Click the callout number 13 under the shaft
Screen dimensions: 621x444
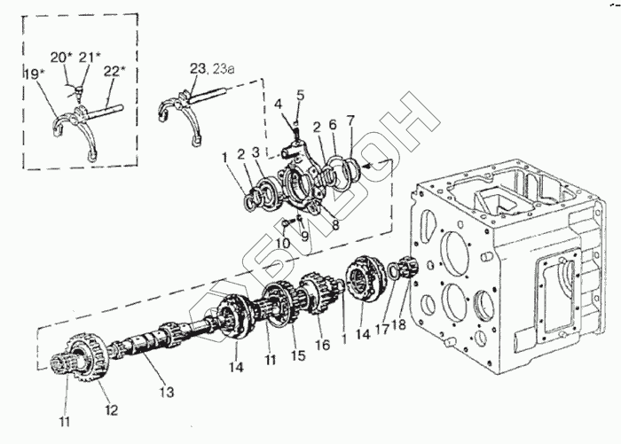click(x=167, y=393)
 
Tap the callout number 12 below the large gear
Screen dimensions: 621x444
click(x=112, y=410)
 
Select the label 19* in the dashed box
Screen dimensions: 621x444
click(x=33, y=74)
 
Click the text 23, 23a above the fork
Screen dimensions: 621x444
click(x=212, y=69)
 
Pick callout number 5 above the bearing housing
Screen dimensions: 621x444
click(x=301, y=95)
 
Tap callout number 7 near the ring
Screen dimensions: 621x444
click(x=350, y=121)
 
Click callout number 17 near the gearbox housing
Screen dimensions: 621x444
click(x=382, y=330)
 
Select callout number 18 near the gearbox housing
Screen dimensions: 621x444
click(x=399, y=325)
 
